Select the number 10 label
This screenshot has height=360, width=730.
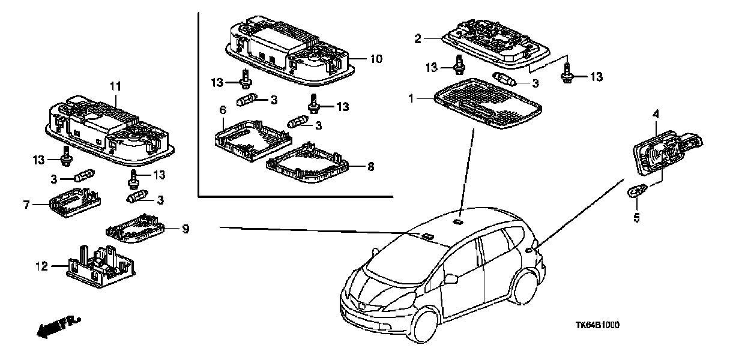click(376, 59)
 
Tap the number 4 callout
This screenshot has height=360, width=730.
click(656, 114)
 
